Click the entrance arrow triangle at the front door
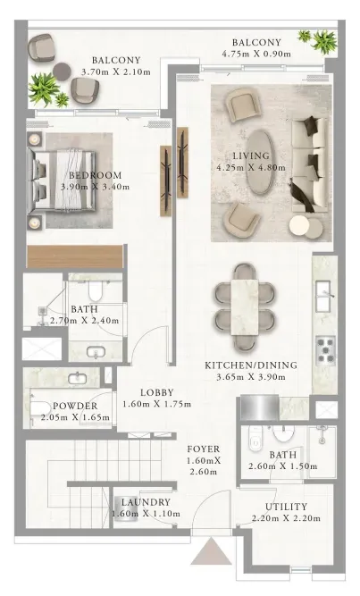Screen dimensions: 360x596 (211, 553)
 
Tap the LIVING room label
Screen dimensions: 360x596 (251, 155)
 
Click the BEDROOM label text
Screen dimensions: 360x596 (96, 175)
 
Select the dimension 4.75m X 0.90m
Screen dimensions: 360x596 (256, 54)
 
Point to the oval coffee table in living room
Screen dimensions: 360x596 (261, 163)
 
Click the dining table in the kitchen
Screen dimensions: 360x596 (245, 307)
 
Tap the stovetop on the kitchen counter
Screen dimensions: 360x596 (325, 351)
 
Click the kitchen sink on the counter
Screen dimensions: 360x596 (325, 296)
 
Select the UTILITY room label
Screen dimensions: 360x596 (286, 507)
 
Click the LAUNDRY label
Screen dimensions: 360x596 (146, 502)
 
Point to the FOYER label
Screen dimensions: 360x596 (204, 449)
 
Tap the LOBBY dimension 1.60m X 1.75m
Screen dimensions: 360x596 (156, 404)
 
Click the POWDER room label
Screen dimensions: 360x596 (75, 406)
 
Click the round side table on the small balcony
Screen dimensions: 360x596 (62, 71)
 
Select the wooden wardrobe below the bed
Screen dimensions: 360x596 (75, 256)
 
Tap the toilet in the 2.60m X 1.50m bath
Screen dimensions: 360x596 (255, 439)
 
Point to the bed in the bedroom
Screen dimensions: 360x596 (61, 179)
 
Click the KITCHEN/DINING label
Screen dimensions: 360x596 (251, 365)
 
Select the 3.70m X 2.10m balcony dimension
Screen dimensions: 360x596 (116, 71)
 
